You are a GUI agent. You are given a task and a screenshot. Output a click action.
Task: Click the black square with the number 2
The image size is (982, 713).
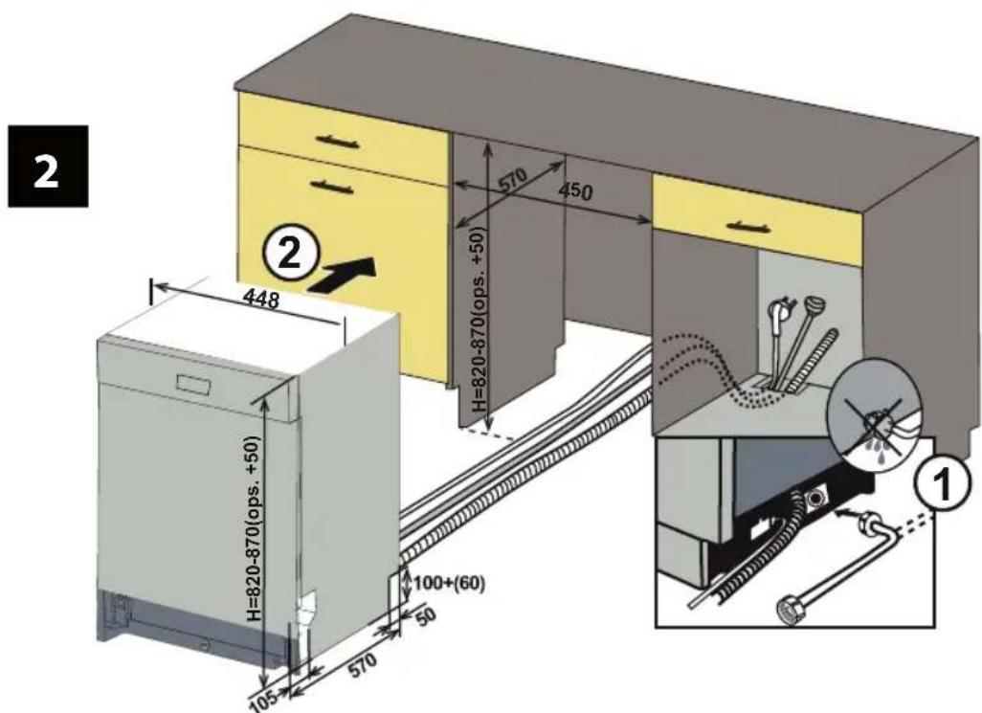pyautogui.click(x=48, y=167)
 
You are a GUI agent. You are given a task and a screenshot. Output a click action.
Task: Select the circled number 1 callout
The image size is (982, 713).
pyautogui.click(x=943, y=484)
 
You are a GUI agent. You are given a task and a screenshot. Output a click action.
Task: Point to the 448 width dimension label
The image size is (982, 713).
pyautogui.click(x=260, y=299)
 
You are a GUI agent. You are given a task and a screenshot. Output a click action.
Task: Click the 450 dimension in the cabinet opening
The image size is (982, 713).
pyautogui.click(x=575, y=190)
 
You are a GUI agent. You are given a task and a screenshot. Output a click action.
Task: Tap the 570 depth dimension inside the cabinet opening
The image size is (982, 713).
pyautogui.click(x=513, y=182)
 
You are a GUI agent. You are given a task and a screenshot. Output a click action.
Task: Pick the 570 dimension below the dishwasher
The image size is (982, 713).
pyautogui.click(x=363, y=665)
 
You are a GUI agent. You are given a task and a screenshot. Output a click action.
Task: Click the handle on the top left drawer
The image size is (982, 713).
pyautogui.click(x=340, y=142)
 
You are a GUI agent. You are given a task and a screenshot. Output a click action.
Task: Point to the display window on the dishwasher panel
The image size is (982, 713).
pyautogui.click(x=196, y=384)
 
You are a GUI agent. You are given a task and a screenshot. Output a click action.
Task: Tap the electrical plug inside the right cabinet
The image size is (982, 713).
pyautogui.click(x=780, y=310)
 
